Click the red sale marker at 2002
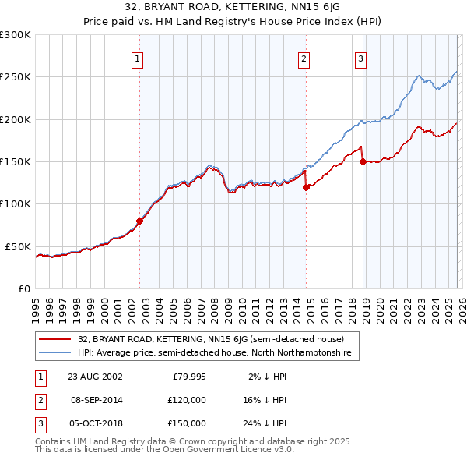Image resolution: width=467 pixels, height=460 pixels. coord(140,221)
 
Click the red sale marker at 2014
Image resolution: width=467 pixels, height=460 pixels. coord(306,187)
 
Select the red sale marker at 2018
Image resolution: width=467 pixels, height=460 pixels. coord(363,162)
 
